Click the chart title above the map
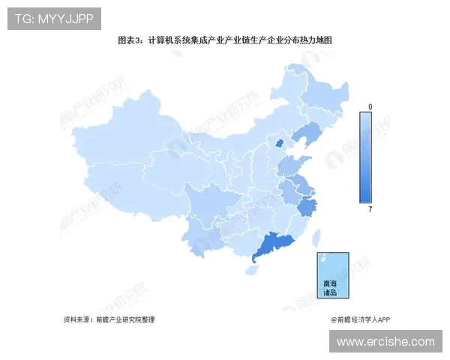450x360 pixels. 224,40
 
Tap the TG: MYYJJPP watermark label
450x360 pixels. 54,19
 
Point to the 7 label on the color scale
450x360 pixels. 370,208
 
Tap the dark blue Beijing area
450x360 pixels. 280,142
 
